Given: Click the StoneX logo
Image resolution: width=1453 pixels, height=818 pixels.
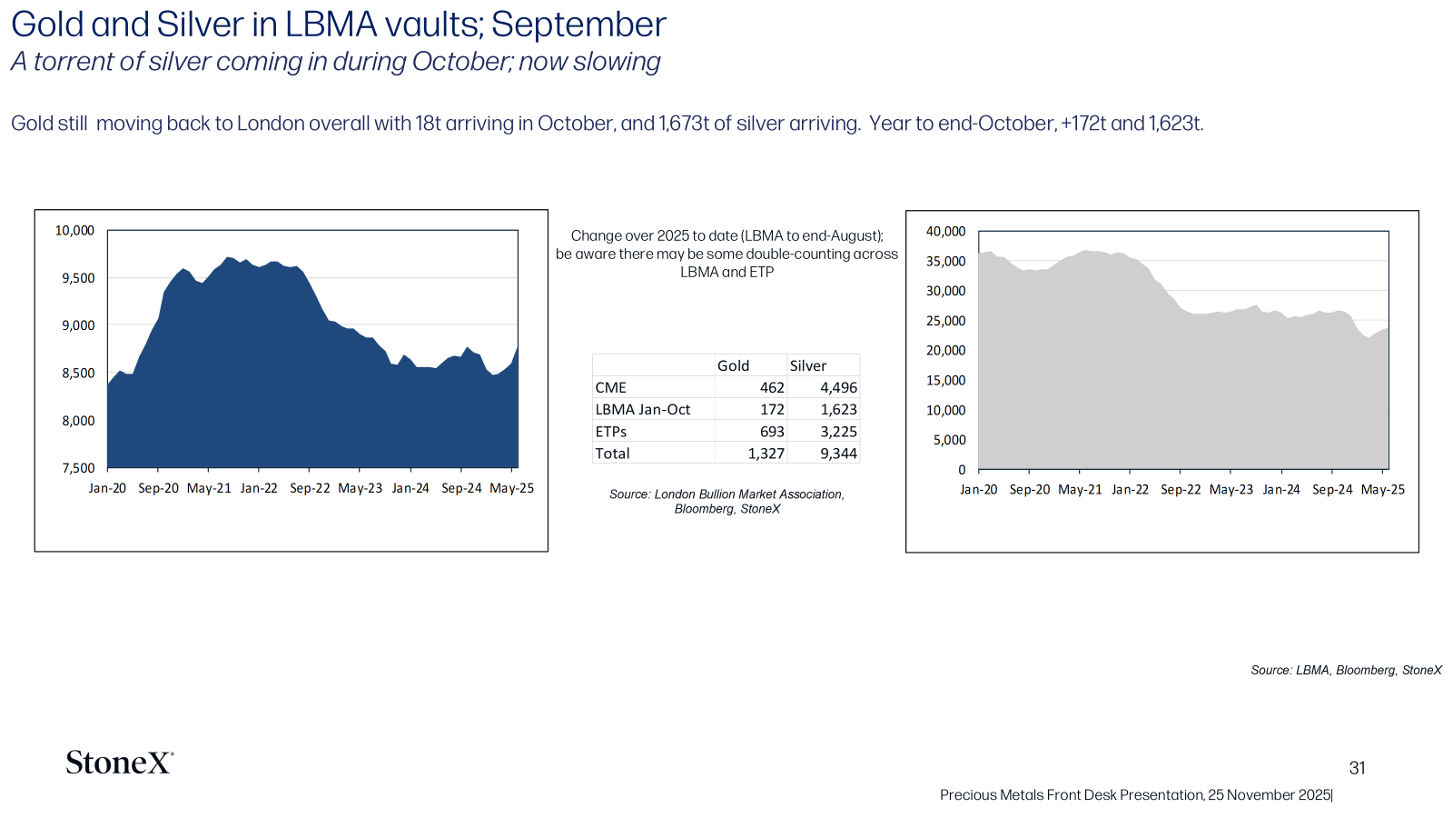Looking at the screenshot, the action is click(x=119, y=763).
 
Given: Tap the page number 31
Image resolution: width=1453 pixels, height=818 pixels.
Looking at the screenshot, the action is click(x=1357, y=768).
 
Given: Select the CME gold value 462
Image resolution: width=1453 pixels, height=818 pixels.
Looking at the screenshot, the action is click(x=772, y=387).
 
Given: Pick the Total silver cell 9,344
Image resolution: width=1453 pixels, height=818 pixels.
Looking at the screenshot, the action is click(x=839, y=454).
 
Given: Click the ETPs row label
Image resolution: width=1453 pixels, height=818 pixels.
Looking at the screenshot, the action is click(x=610, y=431).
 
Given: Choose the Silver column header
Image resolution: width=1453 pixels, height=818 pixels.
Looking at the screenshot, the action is click(x=807, y=365).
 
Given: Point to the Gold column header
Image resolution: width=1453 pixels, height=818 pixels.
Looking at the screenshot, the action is click(x=733, y=365).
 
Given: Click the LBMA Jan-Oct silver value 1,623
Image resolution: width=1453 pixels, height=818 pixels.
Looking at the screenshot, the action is click(x=839, y=409).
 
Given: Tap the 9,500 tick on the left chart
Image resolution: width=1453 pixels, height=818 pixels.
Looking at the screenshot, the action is click(x=78, y=278).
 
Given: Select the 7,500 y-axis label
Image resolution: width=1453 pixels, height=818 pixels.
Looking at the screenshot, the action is click(x=78, y=468).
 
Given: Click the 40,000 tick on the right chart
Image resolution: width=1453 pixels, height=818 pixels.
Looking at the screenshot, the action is click(x=945, y=231).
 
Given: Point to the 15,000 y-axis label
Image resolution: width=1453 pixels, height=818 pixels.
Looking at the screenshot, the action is click(x=945, y=381).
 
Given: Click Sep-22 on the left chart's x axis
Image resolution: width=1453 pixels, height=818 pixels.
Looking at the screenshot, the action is click(x=310, y=488).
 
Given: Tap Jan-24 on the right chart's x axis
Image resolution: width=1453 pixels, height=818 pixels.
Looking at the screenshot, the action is click(x=1281, y=490).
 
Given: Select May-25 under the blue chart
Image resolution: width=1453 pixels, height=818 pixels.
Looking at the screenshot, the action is click(x=512, y=488).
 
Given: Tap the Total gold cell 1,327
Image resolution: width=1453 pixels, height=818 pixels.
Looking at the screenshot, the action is click(x=766, y=454).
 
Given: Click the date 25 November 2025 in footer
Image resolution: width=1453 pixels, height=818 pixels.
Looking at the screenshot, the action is click(x=1270, y=794).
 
